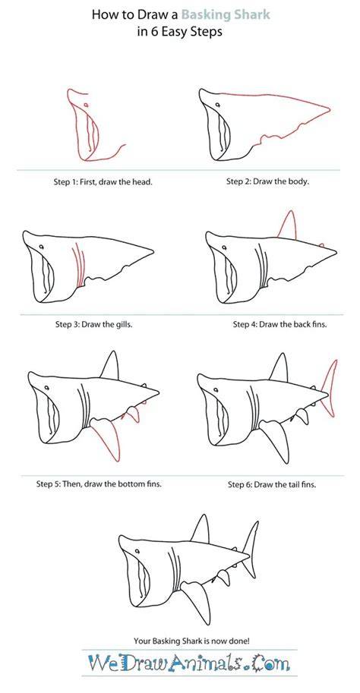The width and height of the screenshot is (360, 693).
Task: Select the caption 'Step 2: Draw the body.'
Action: (x=268, y=181)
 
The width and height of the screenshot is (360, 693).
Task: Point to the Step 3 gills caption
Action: (x=94, y=324)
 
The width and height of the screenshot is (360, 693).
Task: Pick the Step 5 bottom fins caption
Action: (x=99, y=484)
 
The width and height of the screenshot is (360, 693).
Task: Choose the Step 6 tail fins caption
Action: (x=272, y=484)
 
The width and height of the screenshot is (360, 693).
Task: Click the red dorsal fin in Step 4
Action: (x=288, y=225)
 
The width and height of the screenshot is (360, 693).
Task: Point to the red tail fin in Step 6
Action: (x=329, y=388)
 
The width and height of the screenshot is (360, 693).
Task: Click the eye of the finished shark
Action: (x=137, y=551)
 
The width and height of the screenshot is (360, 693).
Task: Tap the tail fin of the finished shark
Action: (x=251, y=550)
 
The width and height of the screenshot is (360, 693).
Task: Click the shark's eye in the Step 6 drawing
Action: (x=216, y=390)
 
